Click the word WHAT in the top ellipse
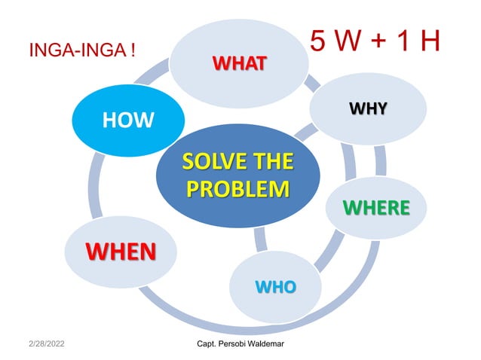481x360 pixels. (238, 63)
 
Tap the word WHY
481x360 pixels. (368, 110)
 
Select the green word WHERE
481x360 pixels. (377, 207)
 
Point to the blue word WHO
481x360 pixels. (276, 286)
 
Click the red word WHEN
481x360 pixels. (121, 250)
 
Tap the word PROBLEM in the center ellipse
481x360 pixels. (237, 187)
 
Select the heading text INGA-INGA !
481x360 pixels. (81, 51)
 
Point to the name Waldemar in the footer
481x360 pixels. (274, 344)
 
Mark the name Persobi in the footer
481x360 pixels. (235, 344)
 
